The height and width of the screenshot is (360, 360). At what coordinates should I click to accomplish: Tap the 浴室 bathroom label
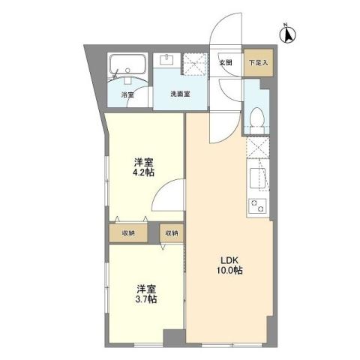(x=128, y=95)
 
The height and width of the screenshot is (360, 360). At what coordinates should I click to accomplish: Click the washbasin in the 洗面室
(x=166, y=62)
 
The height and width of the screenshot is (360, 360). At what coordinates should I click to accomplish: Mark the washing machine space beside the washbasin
(x=195, y=65)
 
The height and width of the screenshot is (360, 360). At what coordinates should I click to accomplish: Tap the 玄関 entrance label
(x=226, y=63)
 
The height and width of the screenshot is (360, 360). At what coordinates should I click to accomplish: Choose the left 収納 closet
(x=127, y=232)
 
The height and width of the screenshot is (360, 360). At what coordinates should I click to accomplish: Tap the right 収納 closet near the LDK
(x=172, y=232)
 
